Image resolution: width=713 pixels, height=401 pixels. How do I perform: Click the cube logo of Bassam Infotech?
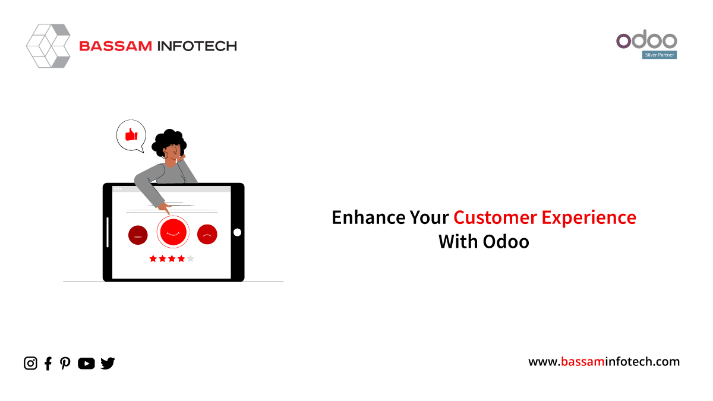click(x=48, y=46)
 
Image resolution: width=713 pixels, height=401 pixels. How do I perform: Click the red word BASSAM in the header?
click(x=115, y=46)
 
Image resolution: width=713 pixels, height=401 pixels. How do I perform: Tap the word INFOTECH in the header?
click(x=197, y=46)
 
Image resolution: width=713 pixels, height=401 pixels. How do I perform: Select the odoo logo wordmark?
click(x=646, y=39)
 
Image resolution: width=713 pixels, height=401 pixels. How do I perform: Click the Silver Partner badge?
click(x=659, y=55)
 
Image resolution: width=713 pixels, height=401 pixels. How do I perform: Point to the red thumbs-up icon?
click(x=131, y=134)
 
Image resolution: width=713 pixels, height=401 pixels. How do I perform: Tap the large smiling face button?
click(x=173, y=232)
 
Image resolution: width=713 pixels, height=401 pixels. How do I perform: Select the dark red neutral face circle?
click(x=138, y=235)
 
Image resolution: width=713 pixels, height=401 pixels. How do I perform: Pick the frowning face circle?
click(x=207, y=234)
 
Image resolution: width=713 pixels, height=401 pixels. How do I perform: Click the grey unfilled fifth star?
click(x=190, y=258)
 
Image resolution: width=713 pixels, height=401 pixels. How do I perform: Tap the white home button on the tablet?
click(x=237, y=232)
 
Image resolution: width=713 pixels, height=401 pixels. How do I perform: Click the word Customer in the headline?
click(x=496, y=217)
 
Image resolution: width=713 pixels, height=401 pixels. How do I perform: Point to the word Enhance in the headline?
click(x=368, y=217)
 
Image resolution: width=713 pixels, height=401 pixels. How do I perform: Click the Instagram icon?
click(x=30, y=363)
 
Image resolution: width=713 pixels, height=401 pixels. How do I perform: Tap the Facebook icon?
click(x=48, y=364)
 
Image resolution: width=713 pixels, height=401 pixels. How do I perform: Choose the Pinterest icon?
click(x=65, y=364)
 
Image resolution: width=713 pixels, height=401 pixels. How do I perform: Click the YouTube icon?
click(x=86, y=364)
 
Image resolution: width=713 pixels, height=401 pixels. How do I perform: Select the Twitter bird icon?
click(x=108, y=363)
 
